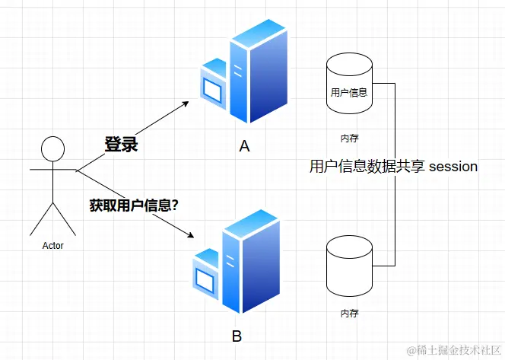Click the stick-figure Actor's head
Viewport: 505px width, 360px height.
pyautogui.click(x=52, y=148)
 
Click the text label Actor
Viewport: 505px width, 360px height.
pyautogui.click(x=52, y=245)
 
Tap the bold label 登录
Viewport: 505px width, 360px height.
pyautogui.click(x=121, y=144)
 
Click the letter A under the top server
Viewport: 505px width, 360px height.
pyautogui.click(x=244, y=146)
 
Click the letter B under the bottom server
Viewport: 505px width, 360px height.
pyautogui.click(x=237, y=336)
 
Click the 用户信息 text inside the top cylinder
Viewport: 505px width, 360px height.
pyautogui.click(x=349, y=93)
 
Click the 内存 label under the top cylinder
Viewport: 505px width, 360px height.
pyautogui.click(x=349, y=138)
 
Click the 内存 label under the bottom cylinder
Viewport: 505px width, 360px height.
pyautogui.click(x=349, y=313)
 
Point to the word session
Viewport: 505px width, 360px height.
pyautogui.click(x=453, y=166)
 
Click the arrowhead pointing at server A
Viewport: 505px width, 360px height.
pyautogui.click(x=184, y=104)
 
